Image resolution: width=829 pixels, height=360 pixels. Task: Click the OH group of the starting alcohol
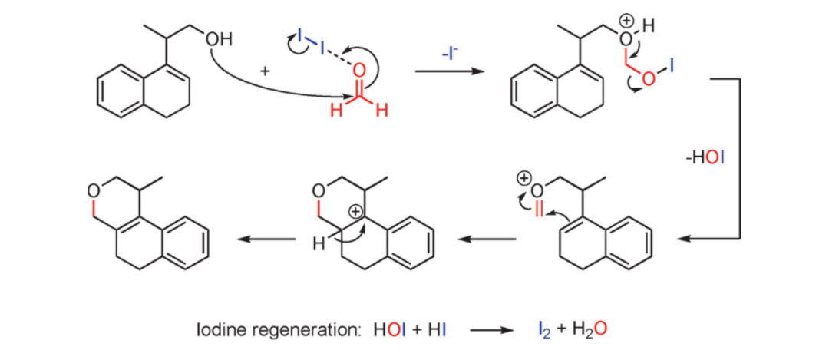219,38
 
